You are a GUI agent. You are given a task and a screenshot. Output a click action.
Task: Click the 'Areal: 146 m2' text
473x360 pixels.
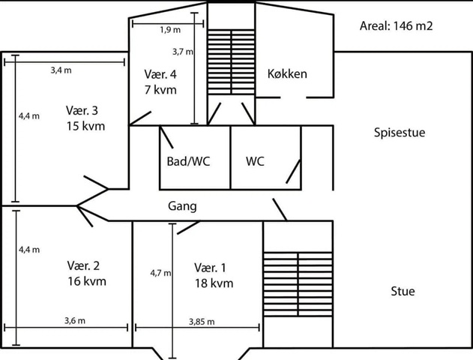(397, 25)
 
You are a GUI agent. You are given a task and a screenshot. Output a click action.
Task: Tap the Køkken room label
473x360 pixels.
(287, 73)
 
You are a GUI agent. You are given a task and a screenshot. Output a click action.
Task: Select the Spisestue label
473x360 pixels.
(400, 133)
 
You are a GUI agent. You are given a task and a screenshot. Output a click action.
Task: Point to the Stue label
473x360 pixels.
(403, 291)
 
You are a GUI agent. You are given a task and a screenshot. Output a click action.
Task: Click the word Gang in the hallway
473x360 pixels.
(182, 205)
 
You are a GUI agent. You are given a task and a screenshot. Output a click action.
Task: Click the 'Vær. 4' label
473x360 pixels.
(160, 74)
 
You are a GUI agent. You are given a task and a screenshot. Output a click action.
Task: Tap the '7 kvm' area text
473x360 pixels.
(160, 89)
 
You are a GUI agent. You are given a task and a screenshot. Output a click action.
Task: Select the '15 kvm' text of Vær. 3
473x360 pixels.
(85, 126)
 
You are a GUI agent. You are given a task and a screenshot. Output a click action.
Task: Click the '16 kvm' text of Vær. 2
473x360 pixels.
(86, 281)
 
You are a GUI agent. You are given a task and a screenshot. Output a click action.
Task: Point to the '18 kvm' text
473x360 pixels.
(214, 283)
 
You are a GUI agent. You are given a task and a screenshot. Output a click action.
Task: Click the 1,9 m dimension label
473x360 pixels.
(170, 30)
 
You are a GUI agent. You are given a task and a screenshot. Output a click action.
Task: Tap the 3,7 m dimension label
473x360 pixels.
(183, 52)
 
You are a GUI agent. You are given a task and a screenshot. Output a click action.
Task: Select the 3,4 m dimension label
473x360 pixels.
(61, 70)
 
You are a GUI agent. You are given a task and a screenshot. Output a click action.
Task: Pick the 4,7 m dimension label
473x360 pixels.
(160, 273)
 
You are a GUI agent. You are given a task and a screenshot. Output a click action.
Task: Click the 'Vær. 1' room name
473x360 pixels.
(209, 268)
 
